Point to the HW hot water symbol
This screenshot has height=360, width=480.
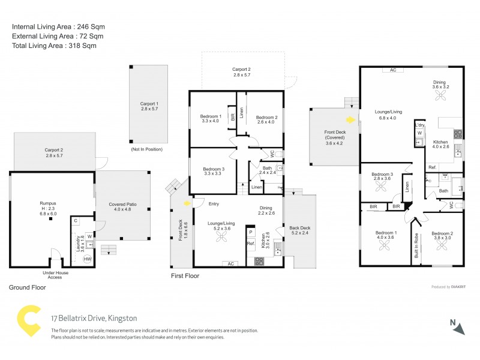(x=87, y=259)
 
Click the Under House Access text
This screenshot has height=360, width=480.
(x=55, y=274)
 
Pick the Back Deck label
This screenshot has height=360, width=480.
(x=299, y=230)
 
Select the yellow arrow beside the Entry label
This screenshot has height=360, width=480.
(x=188, y=203)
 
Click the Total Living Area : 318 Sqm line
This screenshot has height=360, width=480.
(x=54, y=46)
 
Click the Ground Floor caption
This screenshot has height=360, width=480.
(x=27, y=287)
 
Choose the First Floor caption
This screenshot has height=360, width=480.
(x=184, y=276)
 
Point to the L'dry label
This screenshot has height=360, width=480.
(x=420, y=125)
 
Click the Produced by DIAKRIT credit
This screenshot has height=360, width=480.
(x=449, y=287)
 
